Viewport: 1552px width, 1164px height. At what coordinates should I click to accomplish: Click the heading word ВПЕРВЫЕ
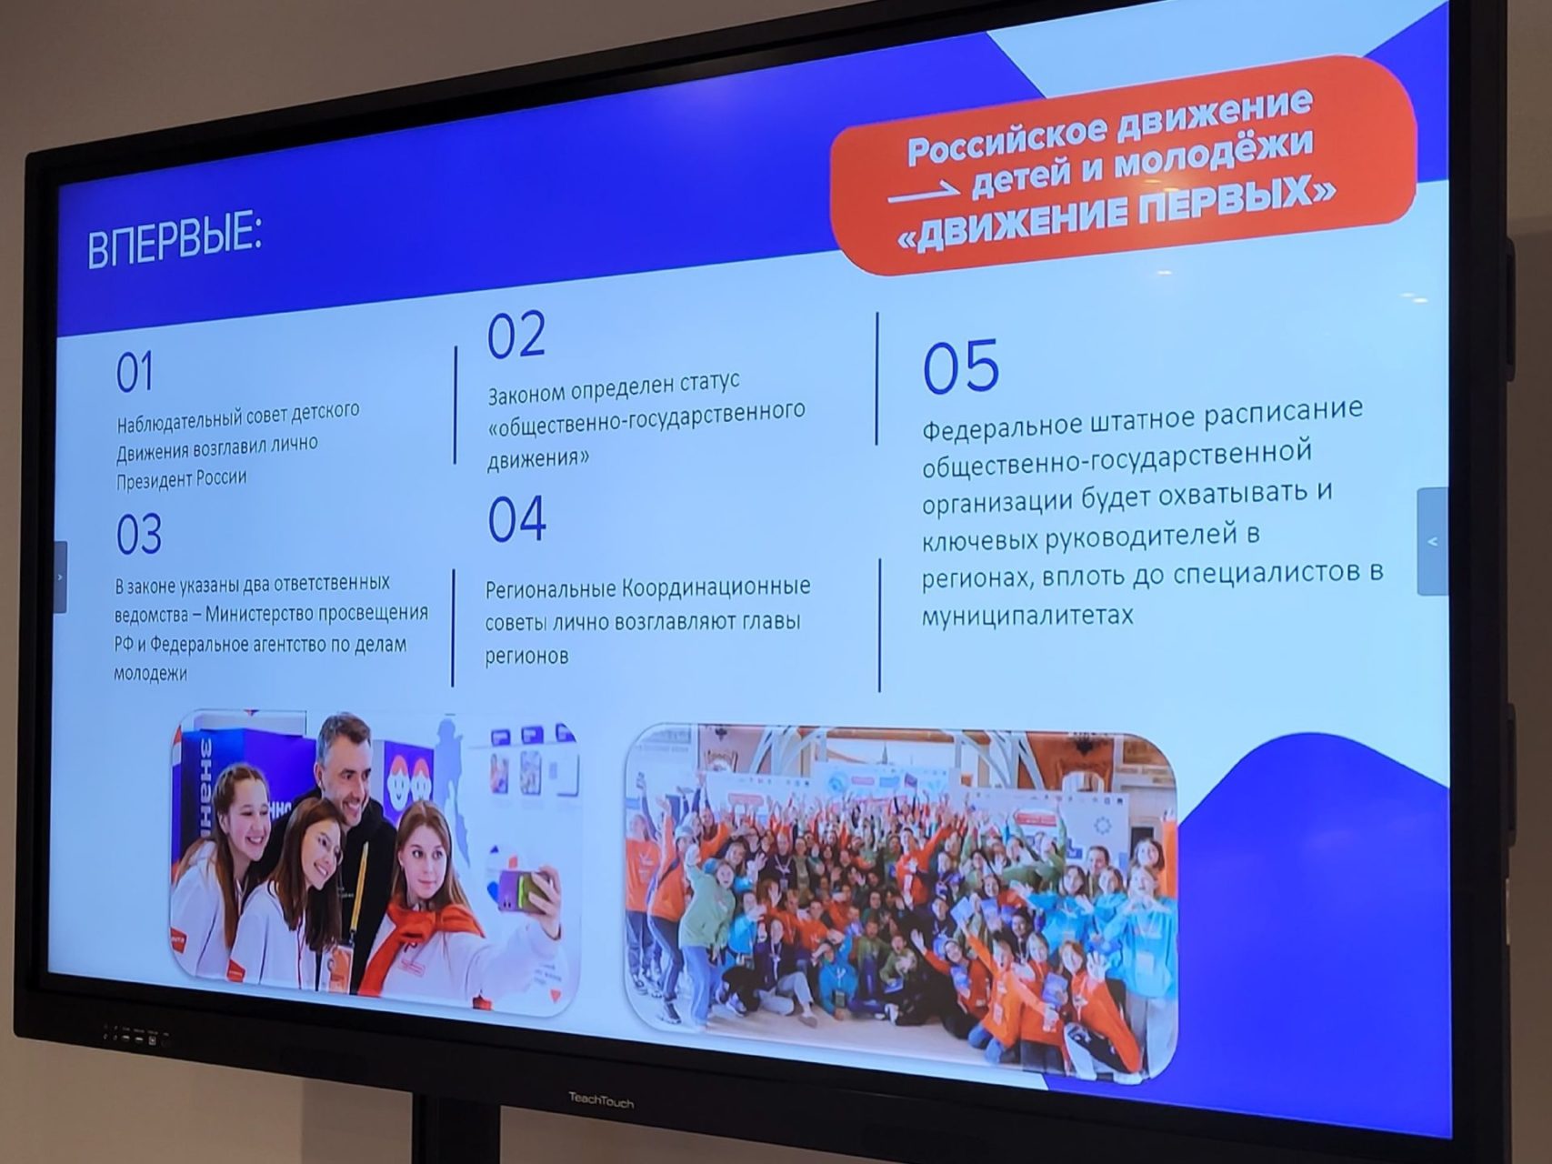coord(175,239)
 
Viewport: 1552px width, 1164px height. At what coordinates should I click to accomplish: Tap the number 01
coord(135,373)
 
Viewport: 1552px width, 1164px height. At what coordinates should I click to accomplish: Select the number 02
coord(516,335)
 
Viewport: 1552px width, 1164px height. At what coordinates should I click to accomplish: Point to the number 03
coord(138,535)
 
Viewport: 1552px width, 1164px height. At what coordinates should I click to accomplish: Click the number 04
coord(516,519)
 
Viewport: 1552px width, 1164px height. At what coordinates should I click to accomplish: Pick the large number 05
coord(960,366)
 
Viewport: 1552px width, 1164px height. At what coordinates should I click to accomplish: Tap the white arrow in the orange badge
coord(924,194)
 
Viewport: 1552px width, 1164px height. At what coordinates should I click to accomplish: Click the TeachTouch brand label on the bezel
coord(601,1100)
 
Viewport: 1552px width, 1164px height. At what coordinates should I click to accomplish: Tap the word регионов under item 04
coord(526,657)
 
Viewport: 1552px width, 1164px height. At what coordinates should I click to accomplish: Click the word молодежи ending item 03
coord(150,675)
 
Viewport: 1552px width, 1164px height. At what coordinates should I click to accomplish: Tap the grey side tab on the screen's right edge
coord(1432,542)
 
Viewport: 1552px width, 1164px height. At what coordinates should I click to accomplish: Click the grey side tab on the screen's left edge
coord(60,577)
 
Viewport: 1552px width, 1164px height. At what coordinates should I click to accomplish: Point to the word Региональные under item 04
coord(549,589)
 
